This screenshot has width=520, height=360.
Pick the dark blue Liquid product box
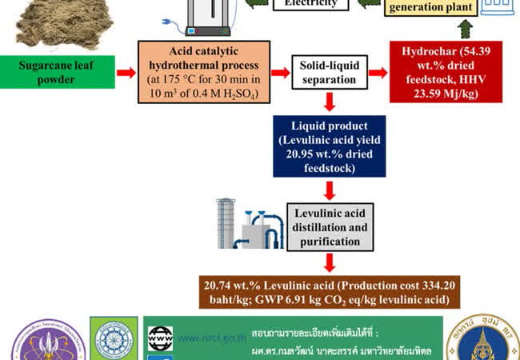329,146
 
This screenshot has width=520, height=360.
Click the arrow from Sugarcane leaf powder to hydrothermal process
126,73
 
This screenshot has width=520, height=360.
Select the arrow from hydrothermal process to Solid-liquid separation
279,73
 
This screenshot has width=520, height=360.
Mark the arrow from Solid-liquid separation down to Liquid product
329,102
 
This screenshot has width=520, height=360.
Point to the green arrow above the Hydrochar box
466,30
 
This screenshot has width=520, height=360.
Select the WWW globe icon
160,336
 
